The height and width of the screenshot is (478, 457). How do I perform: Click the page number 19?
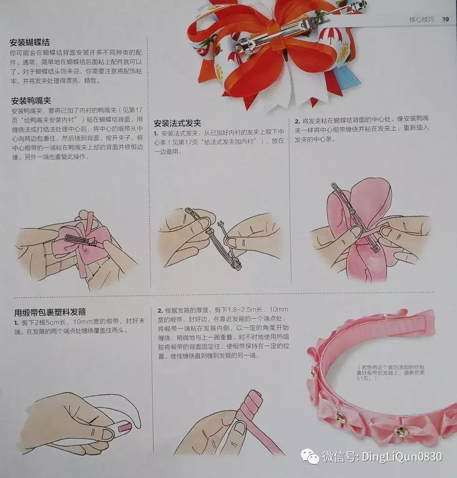445,20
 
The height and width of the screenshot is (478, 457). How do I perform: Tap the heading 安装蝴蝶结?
33,43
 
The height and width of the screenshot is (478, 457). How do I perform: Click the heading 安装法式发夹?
177,123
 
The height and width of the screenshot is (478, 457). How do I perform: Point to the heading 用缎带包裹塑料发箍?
49,312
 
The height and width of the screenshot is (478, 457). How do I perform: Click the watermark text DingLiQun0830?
401,456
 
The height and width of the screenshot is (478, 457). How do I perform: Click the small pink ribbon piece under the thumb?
124,426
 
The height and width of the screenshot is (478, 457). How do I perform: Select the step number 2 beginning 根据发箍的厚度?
160,310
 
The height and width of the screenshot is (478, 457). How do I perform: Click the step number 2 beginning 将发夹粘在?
297,120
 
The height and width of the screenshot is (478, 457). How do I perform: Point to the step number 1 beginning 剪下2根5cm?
16,322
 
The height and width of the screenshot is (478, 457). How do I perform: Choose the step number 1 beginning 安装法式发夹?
156,133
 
